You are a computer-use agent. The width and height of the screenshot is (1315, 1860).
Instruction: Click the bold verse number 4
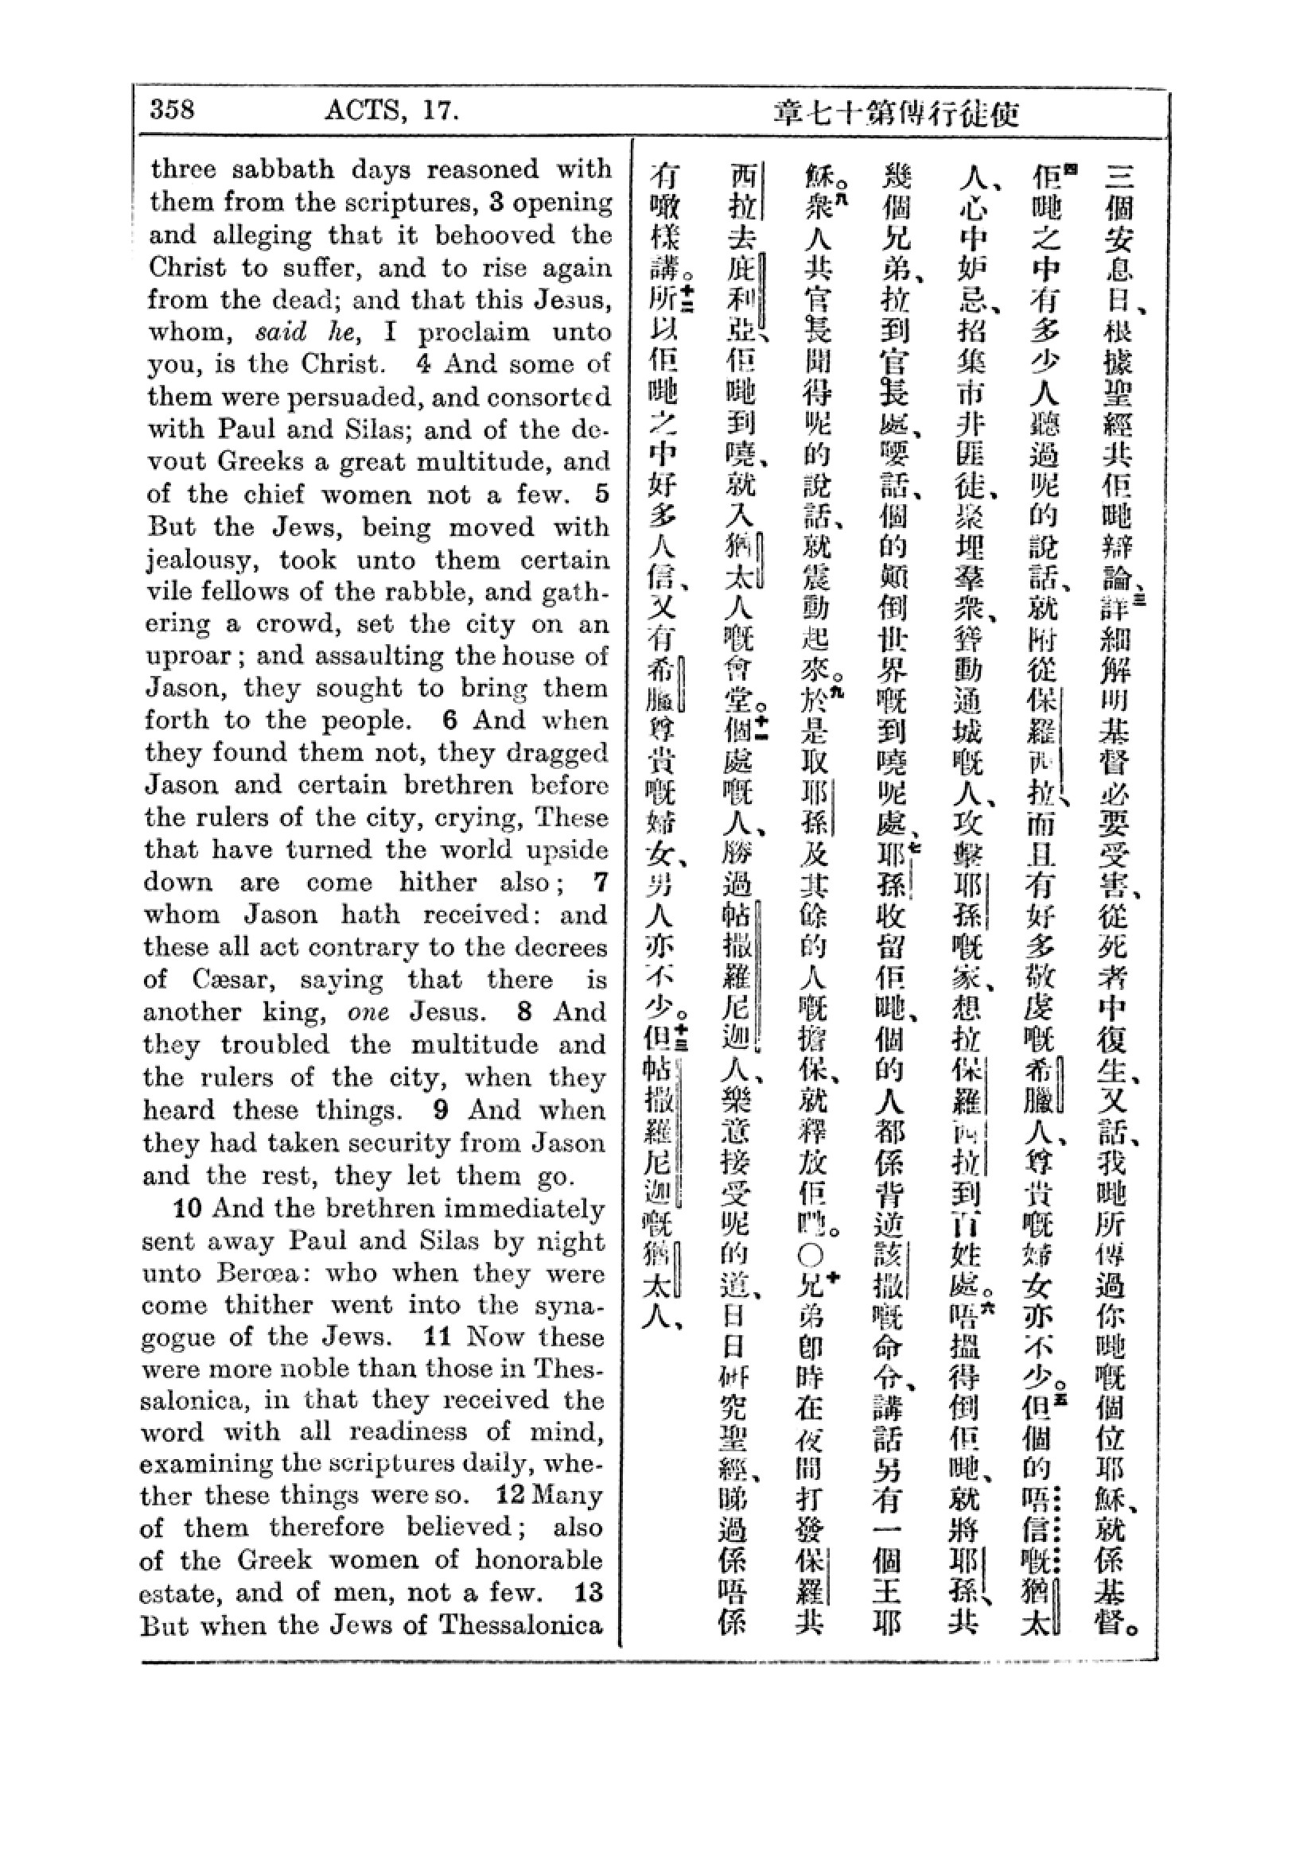pyautogui.click(x=423, y=363)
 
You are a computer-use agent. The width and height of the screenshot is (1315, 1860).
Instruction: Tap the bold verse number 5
pyautogui.click(x=601, y=494)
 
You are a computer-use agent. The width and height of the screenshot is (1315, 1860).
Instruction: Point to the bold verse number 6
pyautogui.click(x=451, y=720)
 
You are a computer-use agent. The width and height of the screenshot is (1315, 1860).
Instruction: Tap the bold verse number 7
pyautogui.click(x=600, y=881)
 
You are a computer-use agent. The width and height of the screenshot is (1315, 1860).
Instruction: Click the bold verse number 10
pyautogui.click(x=187, y=1209)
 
